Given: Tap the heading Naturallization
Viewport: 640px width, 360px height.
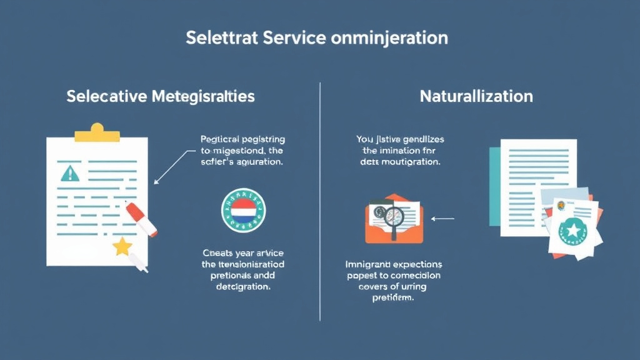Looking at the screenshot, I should tap(476, 97).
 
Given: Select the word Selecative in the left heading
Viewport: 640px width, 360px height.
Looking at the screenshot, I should tap(106, 97).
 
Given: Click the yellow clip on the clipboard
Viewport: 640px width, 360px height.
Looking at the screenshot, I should tap(96, 132).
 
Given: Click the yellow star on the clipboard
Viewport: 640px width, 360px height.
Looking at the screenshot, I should tap(122, 247).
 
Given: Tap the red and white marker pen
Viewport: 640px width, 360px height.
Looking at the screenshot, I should tap(141, 219).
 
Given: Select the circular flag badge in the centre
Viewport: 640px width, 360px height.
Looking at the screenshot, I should tap(243, 211).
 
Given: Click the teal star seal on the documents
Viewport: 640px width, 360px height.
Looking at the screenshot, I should tap(574, 231).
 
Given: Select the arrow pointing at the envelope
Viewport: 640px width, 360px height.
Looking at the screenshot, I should tap(442, 219).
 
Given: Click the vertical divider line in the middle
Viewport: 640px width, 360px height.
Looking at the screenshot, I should tap(320, 200).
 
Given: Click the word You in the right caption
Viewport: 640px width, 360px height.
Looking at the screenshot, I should tap(364, 139).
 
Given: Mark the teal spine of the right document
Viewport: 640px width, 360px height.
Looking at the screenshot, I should tap(494, 187).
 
